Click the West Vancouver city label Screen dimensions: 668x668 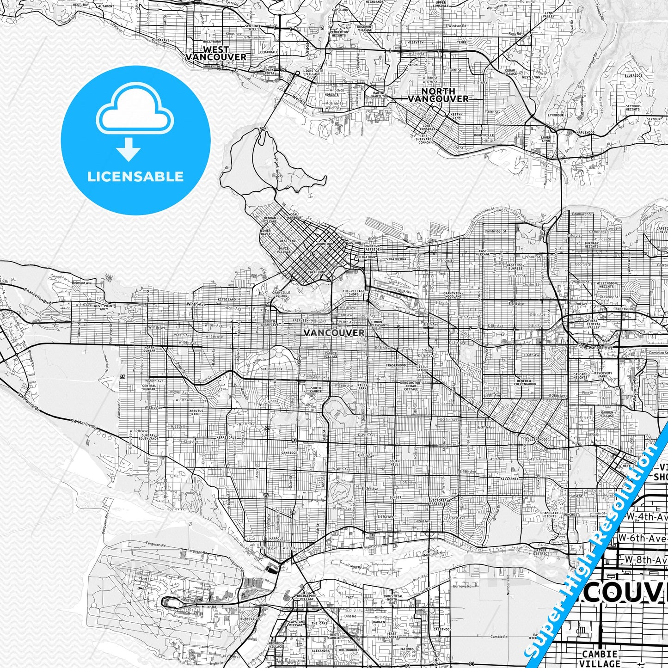coord(216,53)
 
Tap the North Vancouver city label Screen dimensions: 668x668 coord(438,95)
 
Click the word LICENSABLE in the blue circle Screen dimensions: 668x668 coord(135,176)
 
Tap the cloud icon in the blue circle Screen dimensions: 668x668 coord(135,111)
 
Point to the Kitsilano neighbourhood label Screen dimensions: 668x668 coord(227,300)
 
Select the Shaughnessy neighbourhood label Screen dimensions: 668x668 coord(271,369)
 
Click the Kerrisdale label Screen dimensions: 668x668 coord(227,437)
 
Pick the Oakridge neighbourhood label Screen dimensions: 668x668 coord(289,453)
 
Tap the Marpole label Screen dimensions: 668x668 coord(276,539)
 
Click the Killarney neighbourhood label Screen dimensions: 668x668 coord(510,479)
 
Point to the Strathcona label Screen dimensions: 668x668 coord(396,259)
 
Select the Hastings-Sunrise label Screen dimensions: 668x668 coord(515,267)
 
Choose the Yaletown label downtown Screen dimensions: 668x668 coord(316,272)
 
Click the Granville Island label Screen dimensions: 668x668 coord(281,294)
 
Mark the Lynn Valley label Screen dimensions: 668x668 coord(549,14)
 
